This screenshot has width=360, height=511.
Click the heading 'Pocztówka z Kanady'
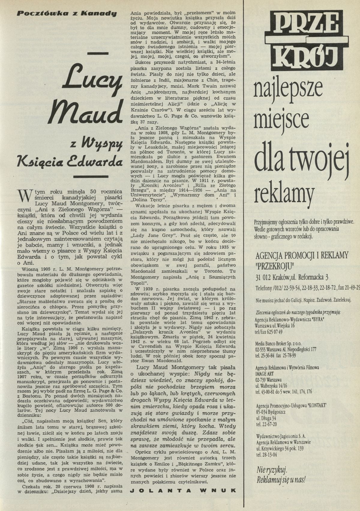[x=66, y=14]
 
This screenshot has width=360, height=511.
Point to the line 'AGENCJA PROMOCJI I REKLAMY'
[x=302, y=255]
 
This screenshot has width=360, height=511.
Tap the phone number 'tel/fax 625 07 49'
[x=269, y=332]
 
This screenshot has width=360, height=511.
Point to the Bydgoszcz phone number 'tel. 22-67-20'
[x=266, y=424]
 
